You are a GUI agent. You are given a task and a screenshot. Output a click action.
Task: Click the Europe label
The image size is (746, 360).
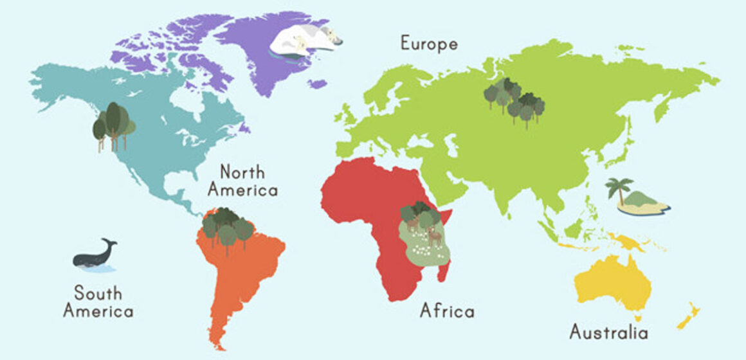coord(429,44)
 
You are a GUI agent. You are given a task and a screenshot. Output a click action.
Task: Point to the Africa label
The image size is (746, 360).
coord(447,311)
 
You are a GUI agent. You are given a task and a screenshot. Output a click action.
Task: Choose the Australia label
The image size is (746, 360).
coord(608,332)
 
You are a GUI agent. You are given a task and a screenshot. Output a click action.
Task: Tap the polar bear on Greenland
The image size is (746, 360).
coord(302,42)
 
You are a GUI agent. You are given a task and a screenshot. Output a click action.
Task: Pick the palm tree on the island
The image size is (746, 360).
coord(619,188)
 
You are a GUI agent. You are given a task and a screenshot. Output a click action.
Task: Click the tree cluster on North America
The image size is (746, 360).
coord(113,124)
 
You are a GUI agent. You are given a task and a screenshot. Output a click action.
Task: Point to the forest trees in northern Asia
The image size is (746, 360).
coord(514,100)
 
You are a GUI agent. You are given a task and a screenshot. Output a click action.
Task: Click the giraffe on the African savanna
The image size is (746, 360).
coord(435,236)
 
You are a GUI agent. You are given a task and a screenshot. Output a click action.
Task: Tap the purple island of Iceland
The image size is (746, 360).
coord(316,84)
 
